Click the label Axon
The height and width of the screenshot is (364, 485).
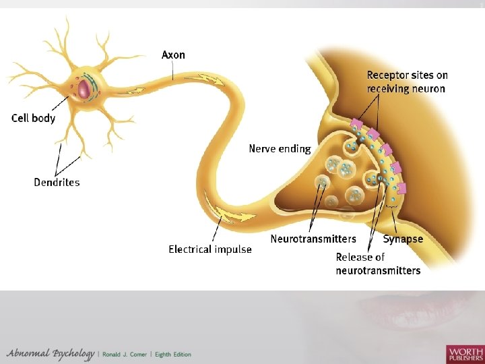click(x=173, y=55)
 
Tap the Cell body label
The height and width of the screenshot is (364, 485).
click(x=34, y=118)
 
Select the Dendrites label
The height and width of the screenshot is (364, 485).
click(x=57, y=182)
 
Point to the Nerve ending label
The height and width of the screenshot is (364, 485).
click(x=280, y=148)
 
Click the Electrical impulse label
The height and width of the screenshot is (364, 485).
click(x=210, y=249)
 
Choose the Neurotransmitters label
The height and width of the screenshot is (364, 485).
click(x=313, y=239)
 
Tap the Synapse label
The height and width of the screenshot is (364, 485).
click(x=403, y=239)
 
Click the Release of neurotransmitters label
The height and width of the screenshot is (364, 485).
click(x=378, y=264)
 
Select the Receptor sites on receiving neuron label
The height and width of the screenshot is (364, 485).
click(x=407, y=82)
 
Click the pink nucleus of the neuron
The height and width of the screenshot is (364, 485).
click(x=84, y=88)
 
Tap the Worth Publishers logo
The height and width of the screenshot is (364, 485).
click(x=464, y=353)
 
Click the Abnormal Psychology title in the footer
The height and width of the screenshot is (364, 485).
click(x=51, y=354)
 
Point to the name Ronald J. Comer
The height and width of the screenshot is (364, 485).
click(x=129, y=355)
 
